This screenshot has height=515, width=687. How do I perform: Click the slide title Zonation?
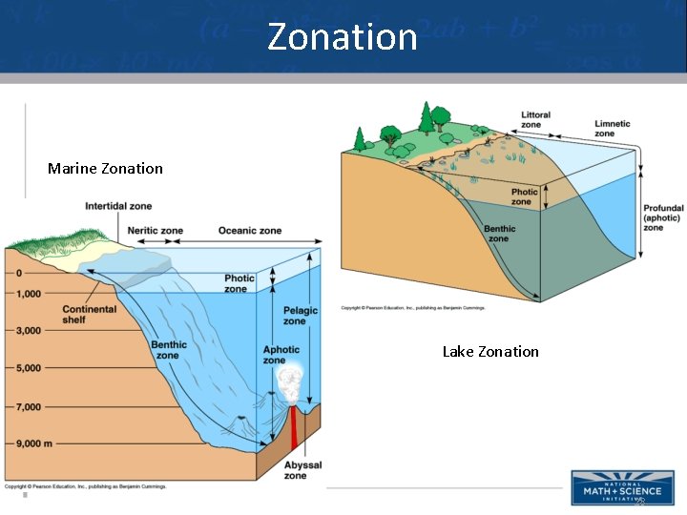343,36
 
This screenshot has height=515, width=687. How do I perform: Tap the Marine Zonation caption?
105,169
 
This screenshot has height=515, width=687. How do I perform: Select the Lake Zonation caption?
490,352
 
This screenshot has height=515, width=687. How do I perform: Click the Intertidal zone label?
118,206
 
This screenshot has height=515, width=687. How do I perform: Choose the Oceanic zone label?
250,231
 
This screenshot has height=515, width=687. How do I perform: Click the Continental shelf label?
90,314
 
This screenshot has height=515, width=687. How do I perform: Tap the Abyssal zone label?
302,470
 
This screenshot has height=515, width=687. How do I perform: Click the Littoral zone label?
535,119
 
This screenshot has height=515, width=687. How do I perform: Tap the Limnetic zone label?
612,129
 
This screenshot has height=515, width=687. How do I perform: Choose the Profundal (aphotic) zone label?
663,218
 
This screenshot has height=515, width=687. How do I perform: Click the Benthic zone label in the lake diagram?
499,234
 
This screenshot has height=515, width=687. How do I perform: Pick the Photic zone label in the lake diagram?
524,196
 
